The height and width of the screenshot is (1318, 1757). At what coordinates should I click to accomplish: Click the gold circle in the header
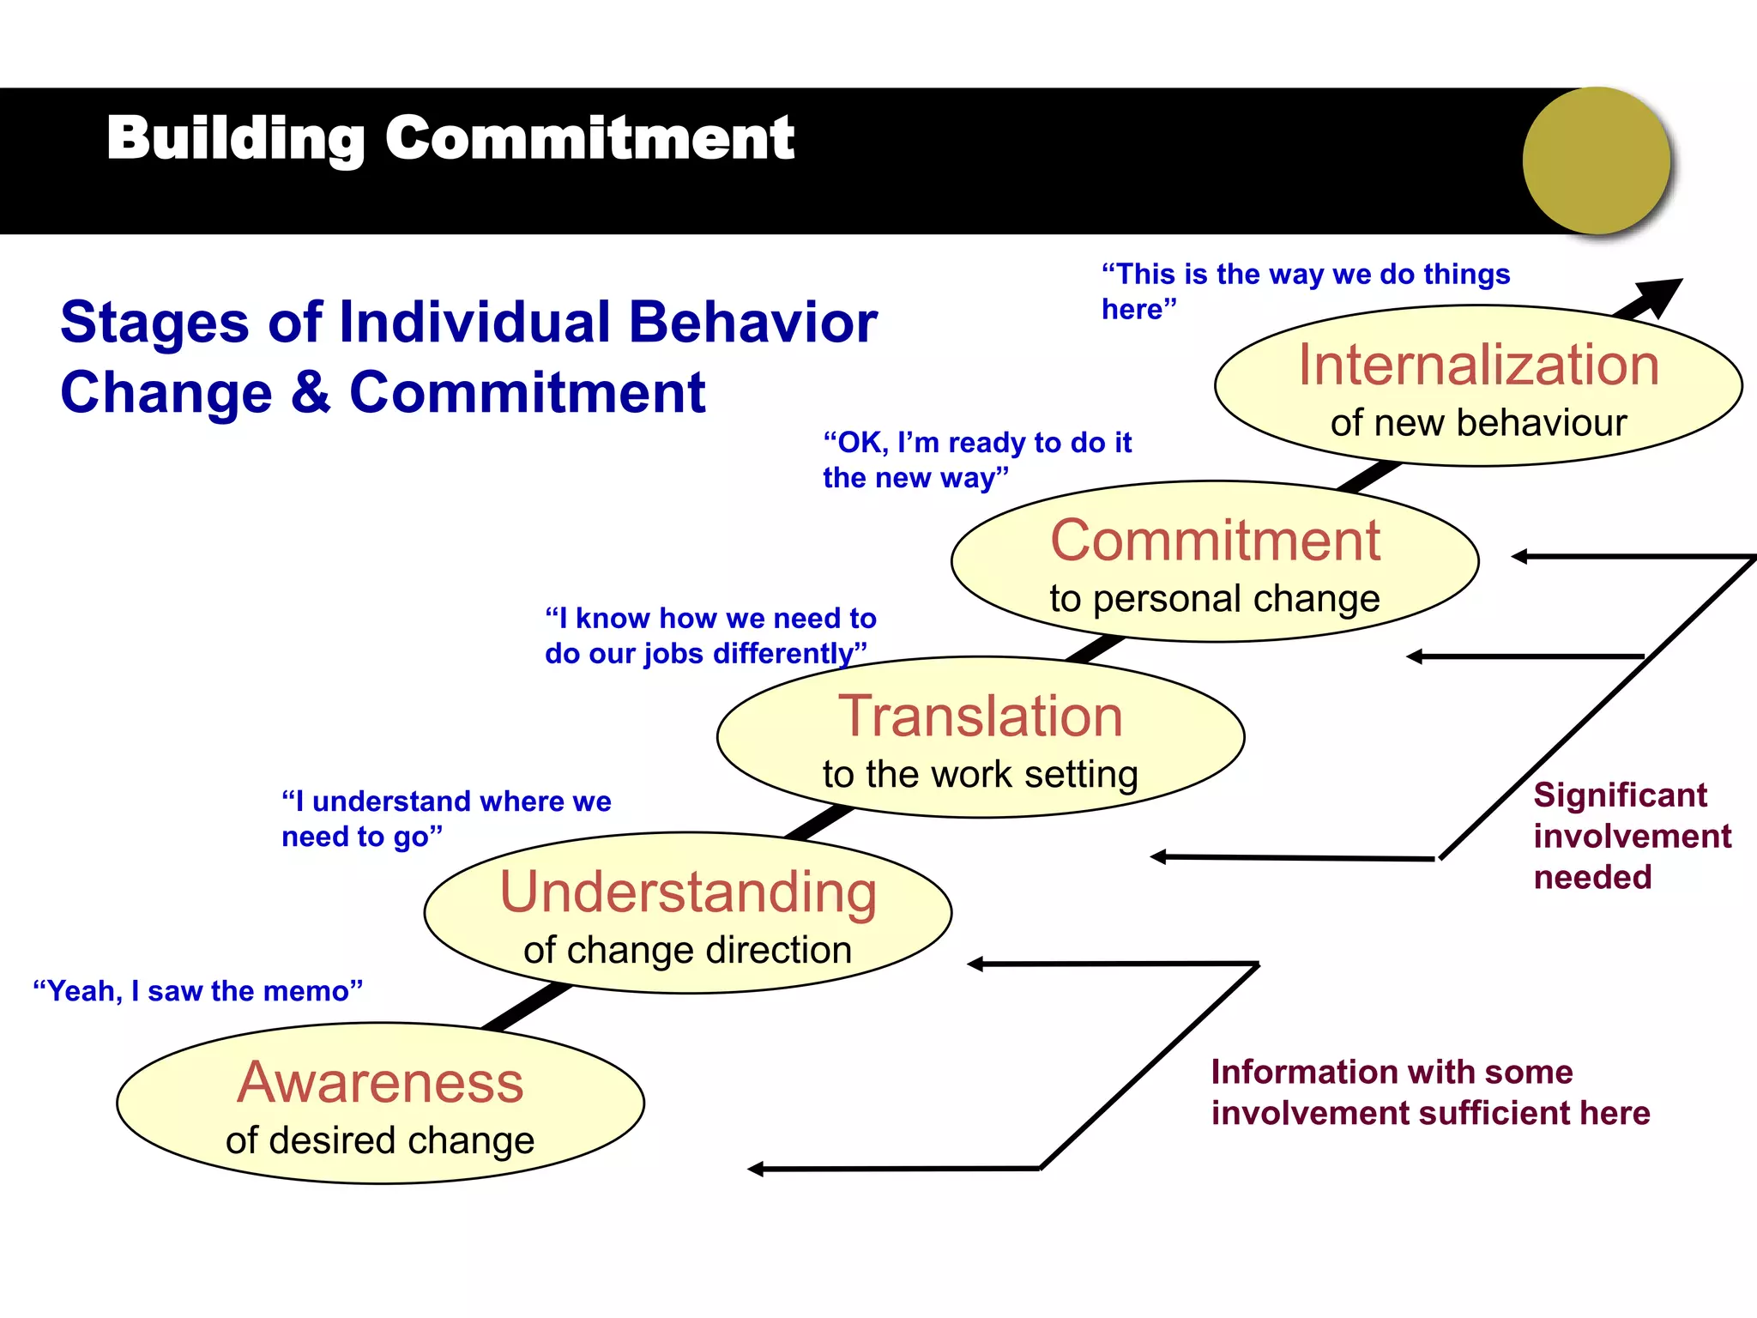tap(1597, 160)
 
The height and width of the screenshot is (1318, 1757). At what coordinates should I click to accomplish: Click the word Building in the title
tap(235, 138)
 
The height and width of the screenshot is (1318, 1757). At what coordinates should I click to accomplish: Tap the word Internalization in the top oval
tap(1478, 365)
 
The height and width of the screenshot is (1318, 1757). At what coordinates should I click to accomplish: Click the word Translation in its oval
tap(980, 716)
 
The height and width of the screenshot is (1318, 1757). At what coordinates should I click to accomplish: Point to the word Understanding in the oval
tap(688, 892)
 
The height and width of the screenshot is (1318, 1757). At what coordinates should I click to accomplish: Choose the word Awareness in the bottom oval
tap(380, 1082)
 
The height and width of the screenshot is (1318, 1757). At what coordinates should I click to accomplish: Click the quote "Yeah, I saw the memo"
tap(198, 991)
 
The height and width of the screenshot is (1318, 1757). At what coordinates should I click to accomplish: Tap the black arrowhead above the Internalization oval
tap(1661, 294)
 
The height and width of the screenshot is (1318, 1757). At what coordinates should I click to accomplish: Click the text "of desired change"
tap(380, 1140)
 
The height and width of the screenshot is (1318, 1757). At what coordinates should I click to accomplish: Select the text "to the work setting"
tap(980, 774)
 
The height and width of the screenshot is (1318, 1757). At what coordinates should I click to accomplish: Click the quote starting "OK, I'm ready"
tap(976, 460)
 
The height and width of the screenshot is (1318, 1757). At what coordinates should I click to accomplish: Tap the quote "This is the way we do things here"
tap(1304, 290)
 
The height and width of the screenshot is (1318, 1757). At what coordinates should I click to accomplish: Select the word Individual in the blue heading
tap(474, 323)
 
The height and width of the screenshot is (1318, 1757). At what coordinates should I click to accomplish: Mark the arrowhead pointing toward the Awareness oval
tap(756, 1169)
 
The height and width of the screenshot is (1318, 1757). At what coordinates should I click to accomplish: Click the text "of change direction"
tap(688, 950)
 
